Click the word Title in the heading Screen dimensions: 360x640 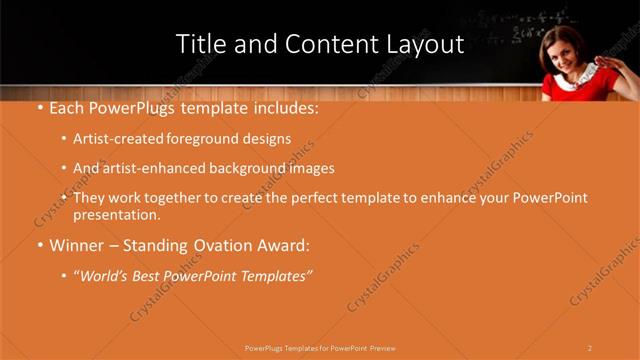pyautogui.click(x=200, y=45)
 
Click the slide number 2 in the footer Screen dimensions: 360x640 pyautogui.click(x=590, y=348)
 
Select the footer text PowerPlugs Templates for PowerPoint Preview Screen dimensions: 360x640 pyautogui.click(x=320, y=348)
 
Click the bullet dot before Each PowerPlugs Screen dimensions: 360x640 pyautogui.click(x=39, y=108)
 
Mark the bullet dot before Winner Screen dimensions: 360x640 pyautogui.click(x=39, y=246)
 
